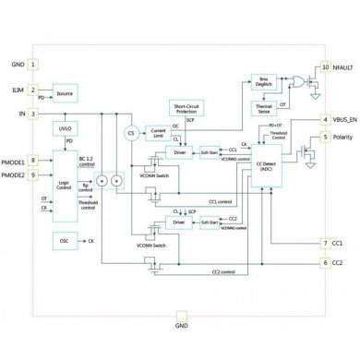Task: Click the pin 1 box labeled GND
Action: click(34, 65)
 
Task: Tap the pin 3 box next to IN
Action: click(34, 114)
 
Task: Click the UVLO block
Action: click(64, 128)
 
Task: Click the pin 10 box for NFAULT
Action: click(325, 67)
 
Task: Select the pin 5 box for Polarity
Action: click(325, 138)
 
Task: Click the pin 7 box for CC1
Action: click(325, 243)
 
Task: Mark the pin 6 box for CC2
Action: click(325, 263)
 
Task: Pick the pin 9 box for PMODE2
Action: click(34, 174)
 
